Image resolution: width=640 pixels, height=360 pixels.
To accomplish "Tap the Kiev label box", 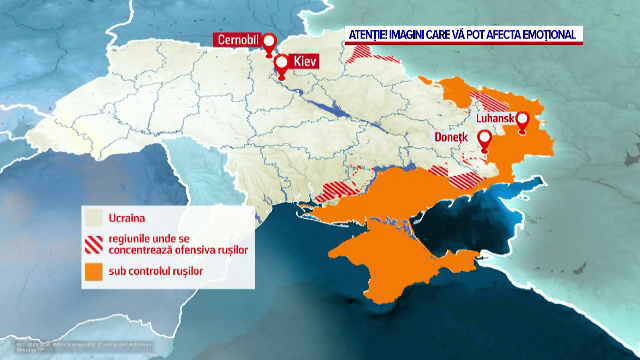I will (x=305, y=62).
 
